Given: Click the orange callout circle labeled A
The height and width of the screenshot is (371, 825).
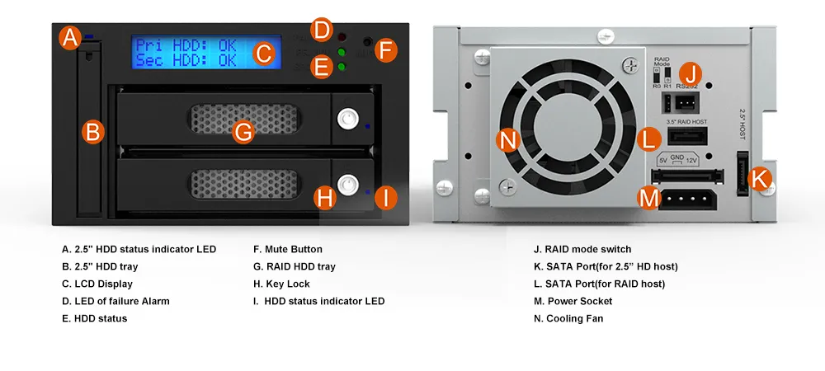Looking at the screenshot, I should click(x=69, y=38).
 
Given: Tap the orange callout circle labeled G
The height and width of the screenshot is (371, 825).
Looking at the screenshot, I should click(x=243, y=132).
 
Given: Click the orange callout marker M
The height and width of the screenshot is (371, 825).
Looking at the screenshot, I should click(x=650, y=199).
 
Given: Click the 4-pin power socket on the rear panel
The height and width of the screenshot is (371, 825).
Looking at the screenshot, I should click(x=687, y=200).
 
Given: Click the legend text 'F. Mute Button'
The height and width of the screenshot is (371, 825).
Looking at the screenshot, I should click(x=288, y=249).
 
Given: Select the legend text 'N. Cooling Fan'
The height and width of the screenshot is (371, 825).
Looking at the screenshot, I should click(x=568, y=318).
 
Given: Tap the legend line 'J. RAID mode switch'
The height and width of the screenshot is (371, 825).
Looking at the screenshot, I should click(x=582, y=249).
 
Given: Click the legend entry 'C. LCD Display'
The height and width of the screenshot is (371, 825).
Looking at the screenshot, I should click(x=97, y=284).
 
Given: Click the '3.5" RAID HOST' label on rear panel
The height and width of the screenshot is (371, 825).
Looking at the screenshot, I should click(x=686, y=122).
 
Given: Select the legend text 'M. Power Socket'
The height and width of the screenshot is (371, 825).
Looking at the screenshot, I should click(x=573, y=301).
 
